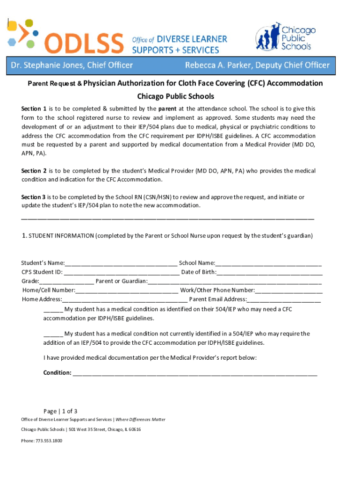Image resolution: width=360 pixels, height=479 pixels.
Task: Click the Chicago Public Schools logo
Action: [285, 36]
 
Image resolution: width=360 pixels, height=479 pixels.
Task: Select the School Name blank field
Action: [268, 263]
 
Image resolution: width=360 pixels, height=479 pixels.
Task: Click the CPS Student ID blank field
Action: [122, 272]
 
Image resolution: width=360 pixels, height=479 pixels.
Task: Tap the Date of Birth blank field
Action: [270, 272]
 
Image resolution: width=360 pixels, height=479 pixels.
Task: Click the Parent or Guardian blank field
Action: [235, 281]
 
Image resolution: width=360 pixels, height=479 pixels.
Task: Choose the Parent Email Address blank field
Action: [284, 299]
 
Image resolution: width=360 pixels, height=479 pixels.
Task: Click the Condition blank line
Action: [194, 373]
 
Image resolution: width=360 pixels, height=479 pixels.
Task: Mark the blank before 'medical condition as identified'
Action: [53, 309]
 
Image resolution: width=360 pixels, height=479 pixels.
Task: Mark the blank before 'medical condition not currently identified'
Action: [53, 334]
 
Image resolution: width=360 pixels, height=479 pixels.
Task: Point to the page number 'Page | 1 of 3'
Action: [60, 411]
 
